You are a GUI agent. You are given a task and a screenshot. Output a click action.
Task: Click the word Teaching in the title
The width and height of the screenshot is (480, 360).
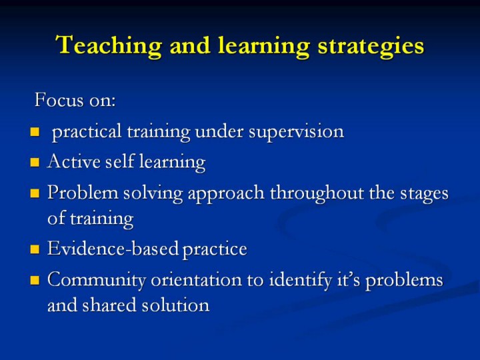pos(109,45)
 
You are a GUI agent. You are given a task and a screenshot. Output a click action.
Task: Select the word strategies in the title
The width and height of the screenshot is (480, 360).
pos(371,47)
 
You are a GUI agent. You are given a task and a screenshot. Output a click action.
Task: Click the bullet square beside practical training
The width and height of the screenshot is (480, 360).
pos(35,132)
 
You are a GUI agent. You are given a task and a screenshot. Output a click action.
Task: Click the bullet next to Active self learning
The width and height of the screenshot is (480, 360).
pos(35,162)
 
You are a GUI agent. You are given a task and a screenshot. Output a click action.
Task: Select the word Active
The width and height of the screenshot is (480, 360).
pos(74,161)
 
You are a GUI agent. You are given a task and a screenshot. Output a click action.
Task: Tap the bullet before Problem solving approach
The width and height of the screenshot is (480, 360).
pos(35,193)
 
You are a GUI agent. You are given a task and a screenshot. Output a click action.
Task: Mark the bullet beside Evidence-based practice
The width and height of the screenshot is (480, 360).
pos(35,249)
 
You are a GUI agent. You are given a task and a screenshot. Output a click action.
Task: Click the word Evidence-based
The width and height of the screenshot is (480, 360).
pos(113,248)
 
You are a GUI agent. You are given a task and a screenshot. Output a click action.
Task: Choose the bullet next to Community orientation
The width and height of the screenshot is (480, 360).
pos(35,281)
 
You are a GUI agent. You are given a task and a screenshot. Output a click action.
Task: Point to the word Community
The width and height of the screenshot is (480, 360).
pos(97,281)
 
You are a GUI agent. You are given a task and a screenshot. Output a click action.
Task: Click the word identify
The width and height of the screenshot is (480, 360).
pos(300,280)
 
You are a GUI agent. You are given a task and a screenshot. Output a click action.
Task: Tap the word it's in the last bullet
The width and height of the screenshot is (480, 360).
pos(349,279)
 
